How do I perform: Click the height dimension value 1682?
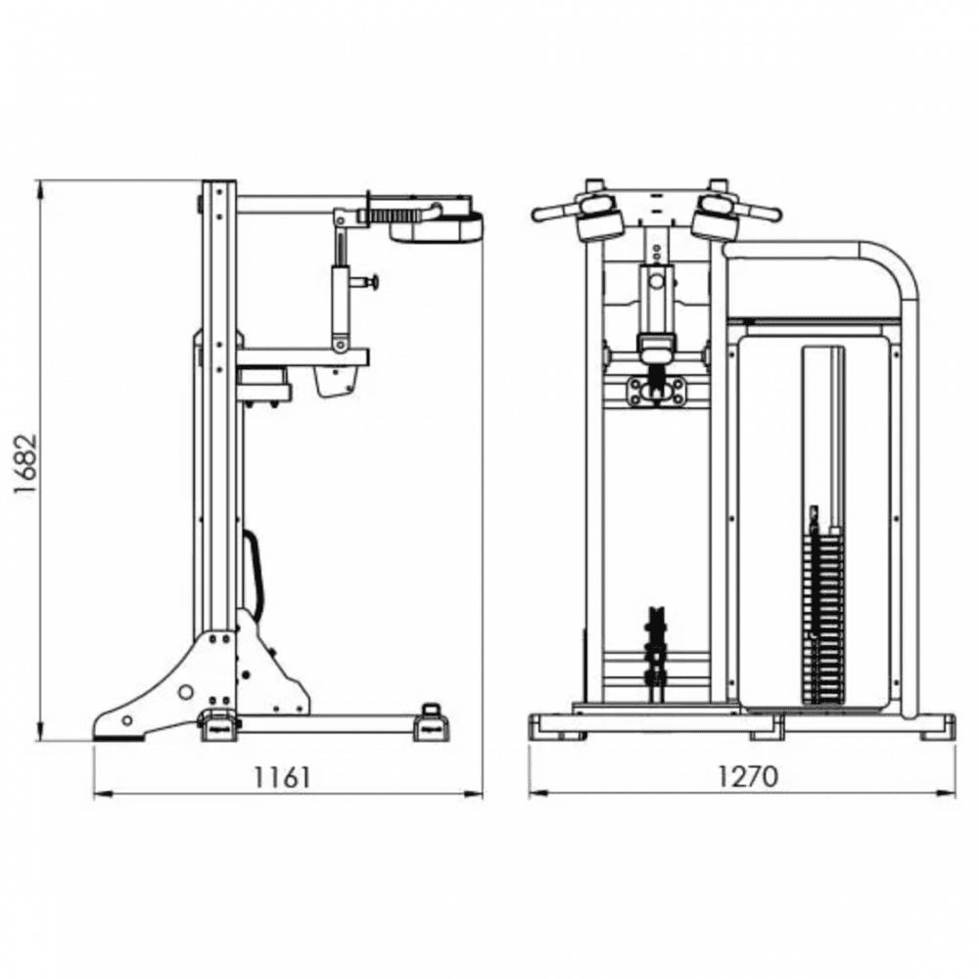(x=26, y=463)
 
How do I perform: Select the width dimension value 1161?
(x=282, y=777)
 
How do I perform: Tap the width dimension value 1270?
(x=747, y=776)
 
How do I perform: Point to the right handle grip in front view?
(x=758, y=212)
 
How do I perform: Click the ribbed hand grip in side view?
(x=394, y=216)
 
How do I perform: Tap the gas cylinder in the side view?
(x=341, y=305)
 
